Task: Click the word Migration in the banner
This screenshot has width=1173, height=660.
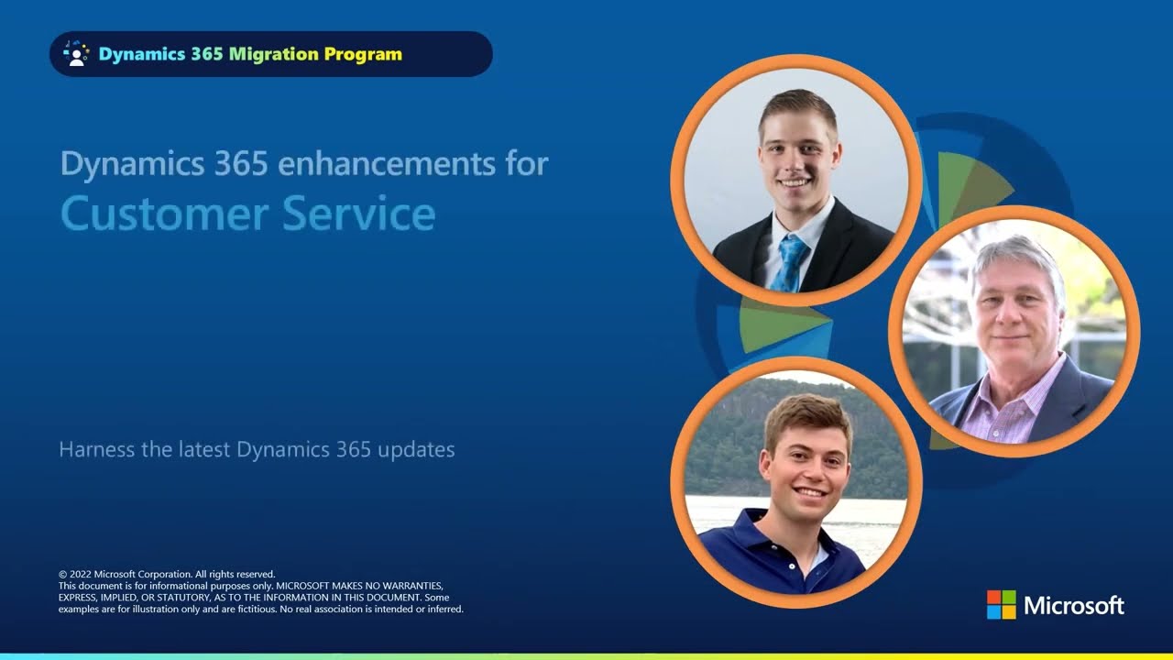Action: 274,54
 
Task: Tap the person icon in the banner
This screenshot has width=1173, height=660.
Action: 76,54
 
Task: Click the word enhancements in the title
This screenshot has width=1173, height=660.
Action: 386,163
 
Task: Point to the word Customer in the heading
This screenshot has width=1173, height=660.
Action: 165,214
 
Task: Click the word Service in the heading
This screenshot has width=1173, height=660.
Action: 358,214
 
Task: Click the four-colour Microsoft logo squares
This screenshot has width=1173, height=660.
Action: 1002,604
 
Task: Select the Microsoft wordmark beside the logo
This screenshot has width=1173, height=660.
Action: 1074,606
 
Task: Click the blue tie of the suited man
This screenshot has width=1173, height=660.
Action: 790,263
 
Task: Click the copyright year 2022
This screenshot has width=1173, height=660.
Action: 80,574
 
